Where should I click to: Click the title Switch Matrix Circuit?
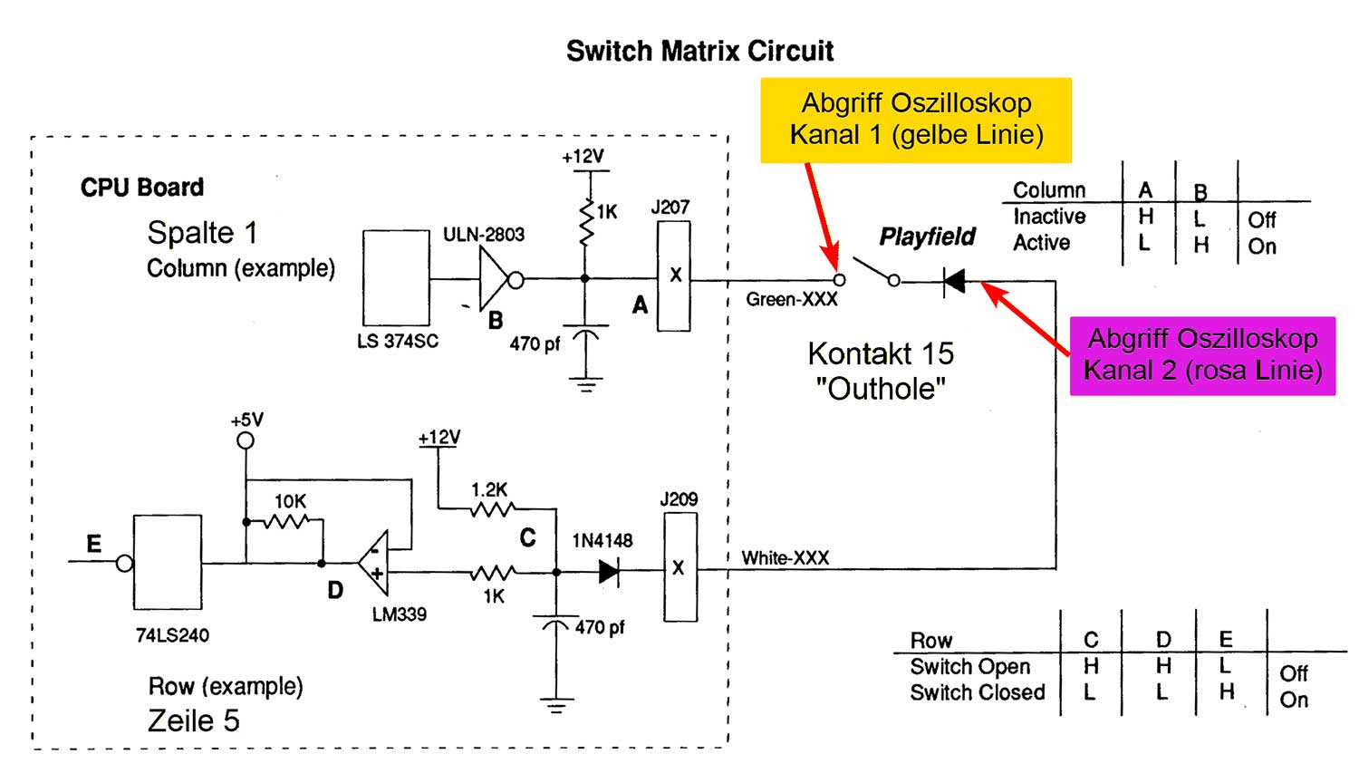click(x=699, y=51)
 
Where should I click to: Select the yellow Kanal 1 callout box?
click(x=916, y=120)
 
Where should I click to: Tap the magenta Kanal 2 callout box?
click(x=1202, y=355)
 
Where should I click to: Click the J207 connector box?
click(x=673, y=275)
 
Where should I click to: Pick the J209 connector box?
click(x=679, y=567)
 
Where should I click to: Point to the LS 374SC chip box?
click(x=396, y=277)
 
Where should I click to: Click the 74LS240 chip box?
click(x=168, y=563)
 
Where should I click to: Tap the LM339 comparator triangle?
click(x=374, y=562)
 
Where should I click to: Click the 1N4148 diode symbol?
click(x=609, y=571)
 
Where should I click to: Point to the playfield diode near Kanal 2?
click(x=954, y=281)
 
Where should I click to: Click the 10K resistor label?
click(x=290, y=501)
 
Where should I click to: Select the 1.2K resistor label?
click(x=489, y=490)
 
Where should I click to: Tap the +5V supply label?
click(x=246, y=420)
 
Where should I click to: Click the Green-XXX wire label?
click(x=792, y=300)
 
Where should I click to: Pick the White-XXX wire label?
click(x=786, y=558)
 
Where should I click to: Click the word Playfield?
click(x=927, y=237)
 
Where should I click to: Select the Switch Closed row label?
click(x=977, y=693)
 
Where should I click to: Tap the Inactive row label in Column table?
click(x=1048, y=217)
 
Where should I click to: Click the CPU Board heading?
click(x=142, y=188)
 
